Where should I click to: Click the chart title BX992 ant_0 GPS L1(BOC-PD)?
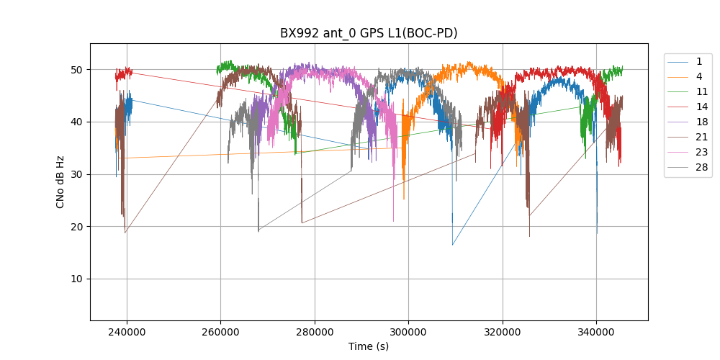[369, 33]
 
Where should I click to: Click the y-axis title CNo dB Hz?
[60, 181]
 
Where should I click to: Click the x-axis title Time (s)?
[369, 346]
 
